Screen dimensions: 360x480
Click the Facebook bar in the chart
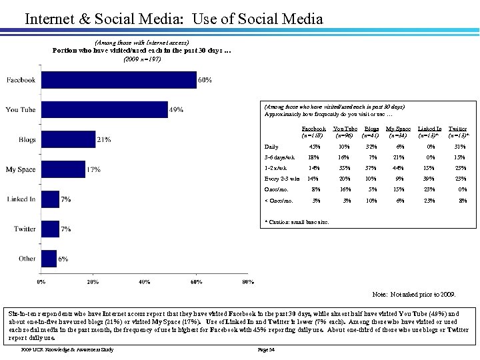(117, 80)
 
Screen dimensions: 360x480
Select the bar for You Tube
(103, 109)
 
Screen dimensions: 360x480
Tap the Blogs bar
(67, 139)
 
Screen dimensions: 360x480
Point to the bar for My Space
(63, 169)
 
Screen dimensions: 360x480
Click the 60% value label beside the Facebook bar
(205, 80)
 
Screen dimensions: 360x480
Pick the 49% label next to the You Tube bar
(176, 110)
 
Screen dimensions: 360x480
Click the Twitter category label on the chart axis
(25, 229)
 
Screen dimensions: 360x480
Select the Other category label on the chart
(27, 258)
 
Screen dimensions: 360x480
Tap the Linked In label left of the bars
(22, 199)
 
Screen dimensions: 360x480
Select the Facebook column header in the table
(313, 131)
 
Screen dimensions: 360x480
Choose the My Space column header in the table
(398, 131)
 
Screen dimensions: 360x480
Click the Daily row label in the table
(273, 147)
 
